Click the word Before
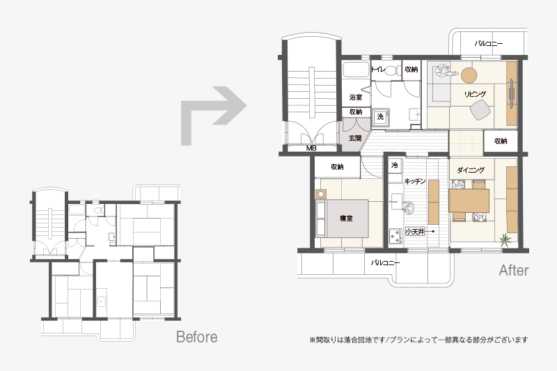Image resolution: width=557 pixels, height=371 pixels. [x=197, y=337]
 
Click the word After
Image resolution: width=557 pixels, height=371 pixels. [x=514, y=271]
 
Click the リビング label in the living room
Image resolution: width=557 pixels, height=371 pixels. [x=475, y=94]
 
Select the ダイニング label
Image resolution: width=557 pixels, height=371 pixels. [x=471, y=170]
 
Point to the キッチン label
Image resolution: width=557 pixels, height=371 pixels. [x=415, y=181]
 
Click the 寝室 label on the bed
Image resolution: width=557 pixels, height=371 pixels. [x=346, y=219]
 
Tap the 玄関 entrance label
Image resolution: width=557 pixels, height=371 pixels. [x=355, y=138]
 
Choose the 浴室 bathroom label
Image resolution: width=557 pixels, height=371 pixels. [x=356, y=97]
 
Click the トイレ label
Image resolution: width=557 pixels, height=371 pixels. [x=377, y=69]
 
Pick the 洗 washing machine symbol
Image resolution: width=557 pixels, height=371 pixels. [x=380, y=117]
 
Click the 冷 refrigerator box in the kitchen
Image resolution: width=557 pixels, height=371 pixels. [x=395, y=166]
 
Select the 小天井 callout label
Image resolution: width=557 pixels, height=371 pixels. [x=415, y=232]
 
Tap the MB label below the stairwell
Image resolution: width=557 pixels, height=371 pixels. [x=311, y=148]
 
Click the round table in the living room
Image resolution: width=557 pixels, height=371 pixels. [x=469, y=75]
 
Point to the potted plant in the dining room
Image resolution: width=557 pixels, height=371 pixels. [x=504, y=239]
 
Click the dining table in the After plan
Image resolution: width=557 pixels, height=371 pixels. [x=469, y=201]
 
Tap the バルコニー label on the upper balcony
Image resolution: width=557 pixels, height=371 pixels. [x=489, y=44]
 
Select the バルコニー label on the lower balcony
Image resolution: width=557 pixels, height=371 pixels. [x=385, y=262]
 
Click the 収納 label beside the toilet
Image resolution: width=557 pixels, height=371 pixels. [x=411, y=69]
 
